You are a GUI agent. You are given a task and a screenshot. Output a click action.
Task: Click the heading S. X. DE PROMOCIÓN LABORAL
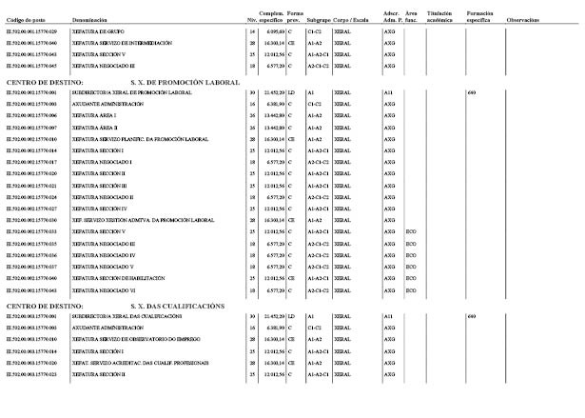coord(184,83)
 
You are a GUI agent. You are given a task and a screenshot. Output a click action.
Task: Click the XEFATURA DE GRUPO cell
coord(98,32)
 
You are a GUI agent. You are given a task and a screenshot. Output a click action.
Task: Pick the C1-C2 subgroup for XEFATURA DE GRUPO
coord(315,32)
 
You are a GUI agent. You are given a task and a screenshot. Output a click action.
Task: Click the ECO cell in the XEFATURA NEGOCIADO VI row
coord(411,289)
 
